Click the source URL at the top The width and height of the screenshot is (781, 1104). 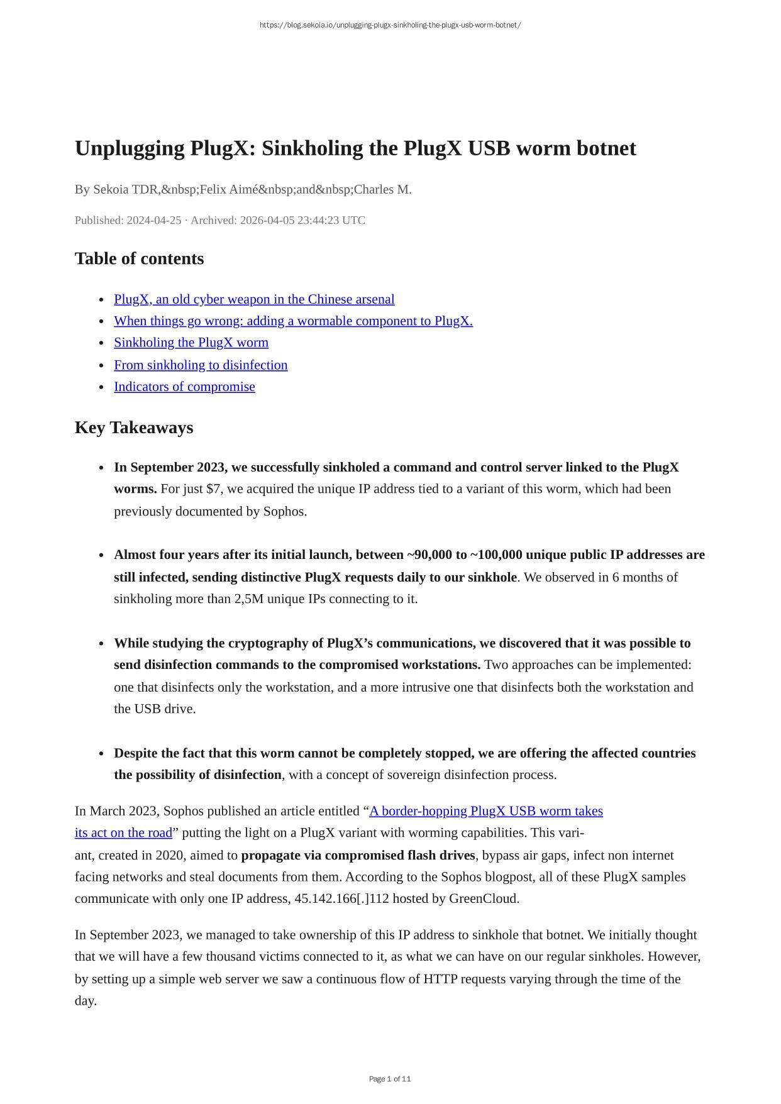coord(390,25)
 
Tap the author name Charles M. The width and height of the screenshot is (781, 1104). coord(382,189)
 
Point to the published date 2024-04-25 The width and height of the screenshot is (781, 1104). coord(153,220)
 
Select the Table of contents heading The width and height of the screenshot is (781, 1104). coord(139,258)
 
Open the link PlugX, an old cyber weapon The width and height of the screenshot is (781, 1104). coord(254,299)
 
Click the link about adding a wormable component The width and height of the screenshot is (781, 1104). coord(293,321)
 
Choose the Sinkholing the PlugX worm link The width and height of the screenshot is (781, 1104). coord(191,343)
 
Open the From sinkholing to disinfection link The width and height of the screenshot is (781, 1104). coord(201,365)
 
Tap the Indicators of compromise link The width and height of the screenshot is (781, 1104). coord(184,387)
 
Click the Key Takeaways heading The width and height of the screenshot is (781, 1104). coord(134,428)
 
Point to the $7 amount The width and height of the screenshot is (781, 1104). coord(214,489)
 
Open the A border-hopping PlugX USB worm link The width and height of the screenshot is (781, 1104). coord(485,811)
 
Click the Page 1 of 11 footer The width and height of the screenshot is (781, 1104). coord(390,1079)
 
